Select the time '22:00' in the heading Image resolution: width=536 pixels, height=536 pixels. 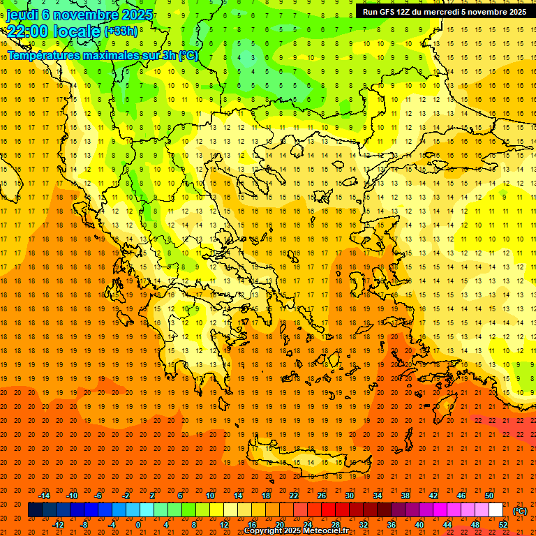(29, 31)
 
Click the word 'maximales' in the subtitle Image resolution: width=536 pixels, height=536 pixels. (121, 55)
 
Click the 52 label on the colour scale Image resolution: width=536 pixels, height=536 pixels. (503, 525)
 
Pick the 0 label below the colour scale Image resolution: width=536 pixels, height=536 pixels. (138, 525)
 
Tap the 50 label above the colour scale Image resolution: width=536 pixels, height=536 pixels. (489, 495)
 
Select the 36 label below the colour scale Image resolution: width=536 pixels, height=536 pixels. (392, 525)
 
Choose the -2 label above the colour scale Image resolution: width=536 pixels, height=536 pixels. (126, 495)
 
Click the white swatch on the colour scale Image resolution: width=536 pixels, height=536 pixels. (496, 510)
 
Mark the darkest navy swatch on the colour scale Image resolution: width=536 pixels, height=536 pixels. (35, 510)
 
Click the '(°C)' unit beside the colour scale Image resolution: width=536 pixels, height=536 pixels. (520, 510)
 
